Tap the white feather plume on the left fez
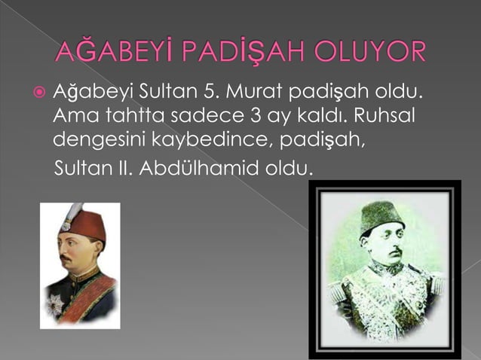pyautogui.click(x=71, y=214)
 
